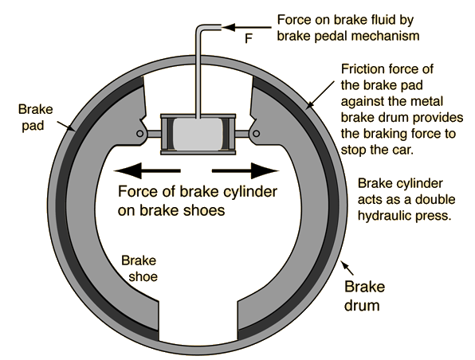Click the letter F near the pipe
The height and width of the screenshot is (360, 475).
coord(249,38)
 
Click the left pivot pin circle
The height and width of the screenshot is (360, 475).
coord(140,134)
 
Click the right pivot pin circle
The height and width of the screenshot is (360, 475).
coord(256,134)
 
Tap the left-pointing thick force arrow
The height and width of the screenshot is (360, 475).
coord(147,170)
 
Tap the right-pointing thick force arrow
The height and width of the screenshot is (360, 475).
coord(245,170)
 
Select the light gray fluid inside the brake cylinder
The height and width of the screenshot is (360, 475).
coord(198,134)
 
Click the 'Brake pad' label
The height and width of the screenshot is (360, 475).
coord(35,117)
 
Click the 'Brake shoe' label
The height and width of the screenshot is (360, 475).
coord(139,268)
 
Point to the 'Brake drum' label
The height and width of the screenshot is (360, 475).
coord(364,295)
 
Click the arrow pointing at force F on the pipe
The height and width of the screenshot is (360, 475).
coord(246,28)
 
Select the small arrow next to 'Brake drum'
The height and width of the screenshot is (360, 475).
coord(347,267)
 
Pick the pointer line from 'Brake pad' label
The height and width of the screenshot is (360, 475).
coord(66,126)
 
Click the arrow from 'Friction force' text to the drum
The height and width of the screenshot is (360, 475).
coord(320,95)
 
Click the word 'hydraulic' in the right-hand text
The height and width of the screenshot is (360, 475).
coord(383,215)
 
